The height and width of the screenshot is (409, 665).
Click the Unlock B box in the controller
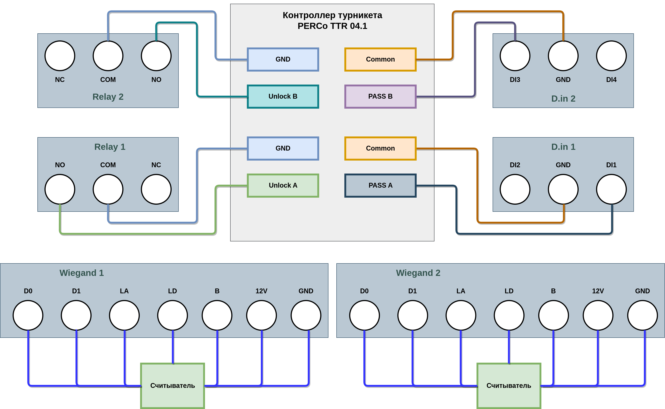[x=283, y=97]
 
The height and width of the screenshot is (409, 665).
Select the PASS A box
[x=380, y=186]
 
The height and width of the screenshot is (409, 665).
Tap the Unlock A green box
[x=283, y=186]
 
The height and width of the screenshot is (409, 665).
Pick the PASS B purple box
[x=380, y=97]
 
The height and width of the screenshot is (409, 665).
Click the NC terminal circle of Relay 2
[x=60, y=56]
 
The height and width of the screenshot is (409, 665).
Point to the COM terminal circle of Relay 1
[x=108, y=189]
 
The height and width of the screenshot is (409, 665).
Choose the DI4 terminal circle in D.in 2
[x=611, y=56]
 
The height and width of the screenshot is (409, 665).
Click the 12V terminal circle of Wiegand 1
[x=261, y=315]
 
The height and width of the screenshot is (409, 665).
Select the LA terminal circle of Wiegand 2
[x=461, y=315]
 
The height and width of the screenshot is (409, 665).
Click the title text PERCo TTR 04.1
[x=332, y=26]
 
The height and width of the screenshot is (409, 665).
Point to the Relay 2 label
[x=108, y=97]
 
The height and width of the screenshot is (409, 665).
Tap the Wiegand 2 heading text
[x=418, y=273]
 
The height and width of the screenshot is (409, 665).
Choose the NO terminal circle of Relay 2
[x=156, y=56]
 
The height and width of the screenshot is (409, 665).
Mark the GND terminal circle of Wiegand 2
[x=642, y=315]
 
